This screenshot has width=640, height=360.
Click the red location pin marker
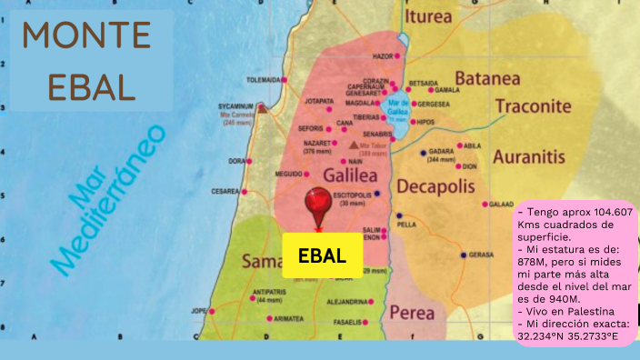(317, 205)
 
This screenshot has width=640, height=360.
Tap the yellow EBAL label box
(323, 255)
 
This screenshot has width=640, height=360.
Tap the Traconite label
(533, 106)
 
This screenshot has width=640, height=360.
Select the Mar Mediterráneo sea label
(108, 200)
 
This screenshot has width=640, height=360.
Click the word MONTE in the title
(86, 36)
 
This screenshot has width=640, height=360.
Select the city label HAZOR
(383, 56)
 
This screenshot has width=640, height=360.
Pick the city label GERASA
(481, 255)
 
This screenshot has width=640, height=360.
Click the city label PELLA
(406, 224)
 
